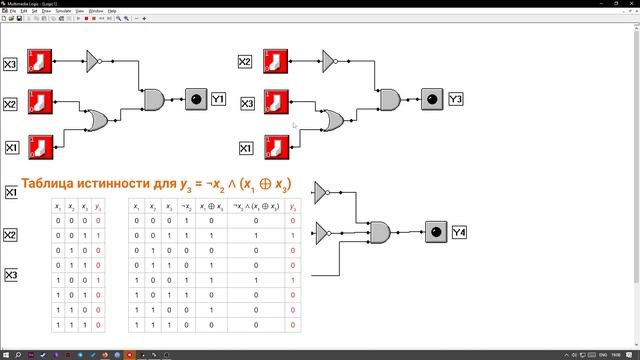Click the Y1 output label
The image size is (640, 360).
coord(218,99)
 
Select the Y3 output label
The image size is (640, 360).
coord(455,99)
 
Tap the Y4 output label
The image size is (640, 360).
coord(459,233)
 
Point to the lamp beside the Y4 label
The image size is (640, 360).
coord(435,233)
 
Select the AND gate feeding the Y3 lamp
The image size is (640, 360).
coord(389,100)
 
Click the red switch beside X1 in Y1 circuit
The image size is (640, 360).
coord(40,148)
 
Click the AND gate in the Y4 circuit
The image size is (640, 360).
coord(380,233)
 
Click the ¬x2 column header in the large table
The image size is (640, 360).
coord(186,206)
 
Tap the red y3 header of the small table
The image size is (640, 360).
coord(97,206)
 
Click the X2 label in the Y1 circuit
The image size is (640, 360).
coord(11,104)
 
